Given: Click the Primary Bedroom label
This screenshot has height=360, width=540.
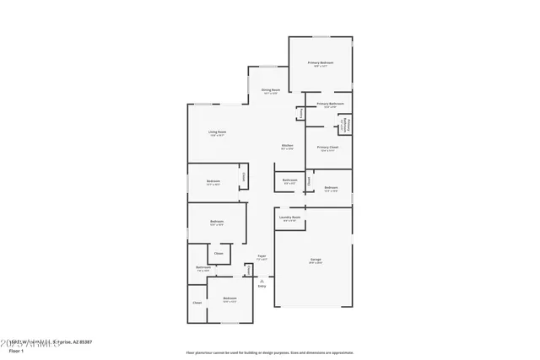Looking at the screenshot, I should [320, 63].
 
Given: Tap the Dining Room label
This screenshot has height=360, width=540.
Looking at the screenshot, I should [270, 90].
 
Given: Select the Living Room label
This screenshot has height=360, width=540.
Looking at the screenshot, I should [217, 132].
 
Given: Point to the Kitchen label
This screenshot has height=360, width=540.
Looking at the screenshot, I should [287, 146].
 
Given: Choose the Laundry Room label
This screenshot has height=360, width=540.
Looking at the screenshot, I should [289, 218].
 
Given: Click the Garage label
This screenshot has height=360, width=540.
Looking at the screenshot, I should [315, 259].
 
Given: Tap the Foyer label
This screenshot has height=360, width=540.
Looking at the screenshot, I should [262, 255].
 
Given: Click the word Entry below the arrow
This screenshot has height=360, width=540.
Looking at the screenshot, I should [262, 287].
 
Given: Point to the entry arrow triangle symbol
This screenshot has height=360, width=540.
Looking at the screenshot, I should [262, 280].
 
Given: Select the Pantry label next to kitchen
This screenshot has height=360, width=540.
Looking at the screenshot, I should [300, 112].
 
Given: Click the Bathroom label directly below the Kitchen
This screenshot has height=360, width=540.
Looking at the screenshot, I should [289, 180].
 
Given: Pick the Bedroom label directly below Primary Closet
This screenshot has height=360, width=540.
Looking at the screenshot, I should [331, 188].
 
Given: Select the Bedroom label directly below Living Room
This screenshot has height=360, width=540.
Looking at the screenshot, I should [213, 181].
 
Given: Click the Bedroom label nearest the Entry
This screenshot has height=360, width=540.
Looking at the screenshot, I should [229, 298].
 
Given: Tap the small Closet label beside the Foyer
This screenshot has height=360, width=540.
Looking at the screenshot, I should [248, 270].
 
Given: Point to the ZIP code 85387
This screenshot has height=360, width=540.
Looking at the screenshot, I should [83, 341].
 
